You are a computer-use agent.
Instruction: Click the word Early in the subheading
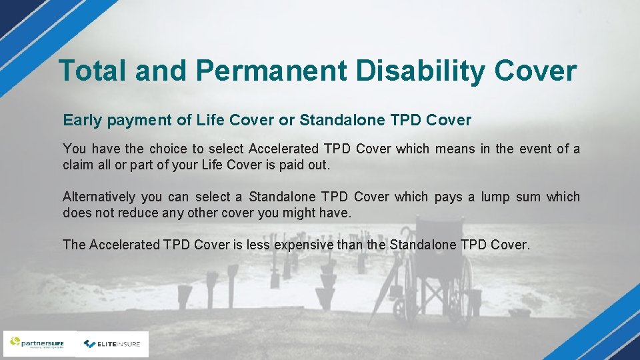click(x=82, y=121)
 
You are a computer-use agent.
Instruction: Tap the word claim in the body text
click(x=78, y=165)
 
